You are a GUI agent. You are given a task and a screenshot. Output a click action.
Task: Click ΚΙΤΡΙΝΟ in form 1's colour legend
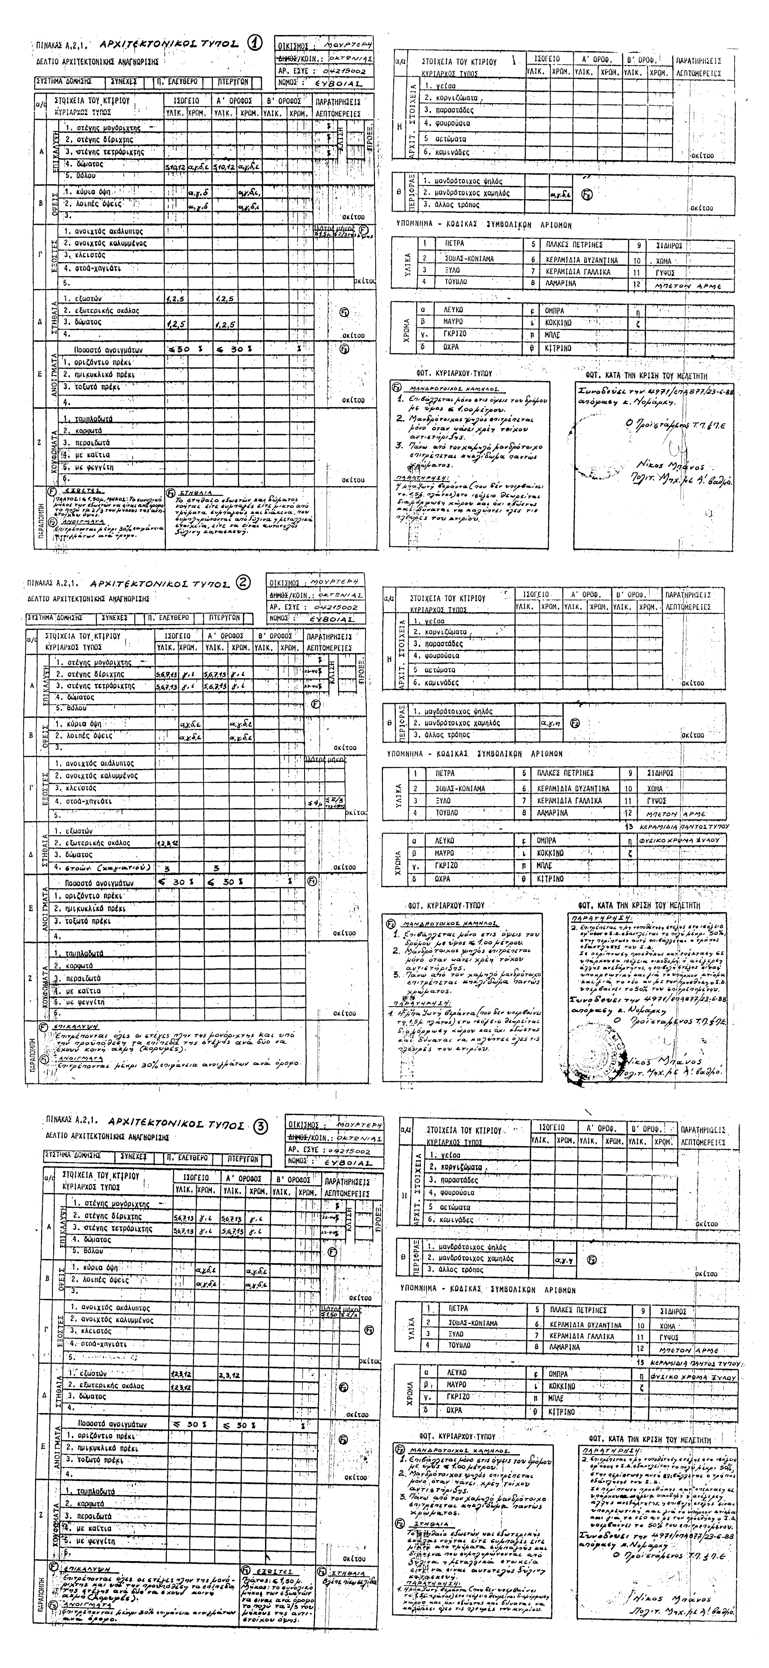(x=553, y=348)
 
